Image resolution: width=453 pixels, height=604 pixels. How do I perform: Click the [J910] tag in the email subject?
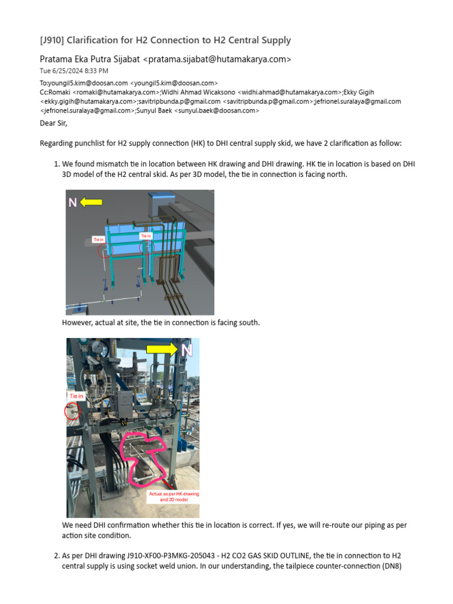(x=52, y=41)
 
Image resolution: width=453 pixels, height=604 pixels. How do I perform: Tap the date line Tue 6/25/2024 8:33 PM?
(x=74, y=71)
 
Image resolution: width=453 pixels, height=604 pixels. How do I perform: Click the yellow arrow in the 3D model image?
(x=91, y=202)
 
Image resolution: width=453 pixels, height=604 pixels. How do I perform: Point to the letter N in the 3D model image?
(x=73, y=203)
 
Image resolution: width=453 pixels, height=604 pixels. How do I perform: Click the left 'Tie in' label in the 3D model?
(x=98, y=239)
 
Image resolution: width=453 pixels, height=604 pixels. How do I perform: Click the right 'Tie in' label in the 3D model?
(x=146, y=236)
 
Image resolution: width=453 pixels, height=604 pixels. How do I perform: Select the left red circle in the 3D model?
(x=104, y=251)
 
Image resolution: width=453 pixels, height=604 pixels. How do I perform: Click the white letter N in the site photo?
(x=187, y=350)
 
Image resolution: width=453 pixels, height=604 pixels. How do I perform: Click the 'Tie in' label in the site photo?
(x=77, y=396)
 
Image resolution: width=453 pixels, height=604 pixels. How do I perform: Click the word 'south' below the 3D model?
(x=247, y=323)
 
